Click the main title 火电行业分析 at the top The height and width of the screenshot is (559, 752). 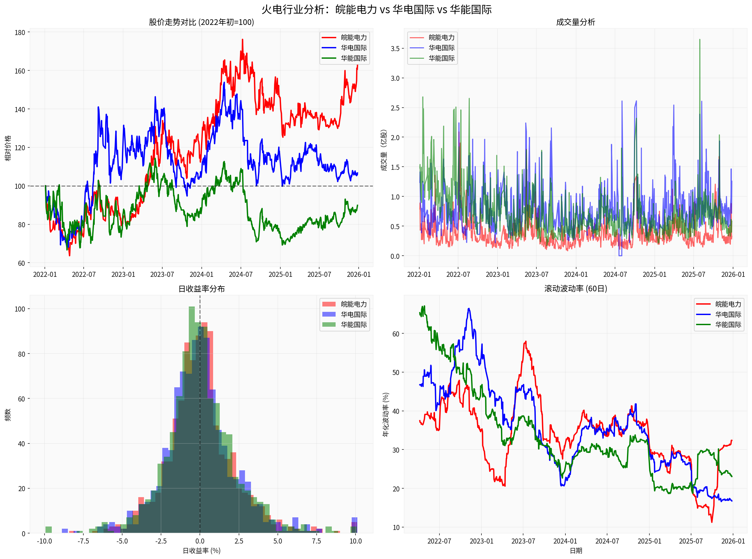[x=376, y=9]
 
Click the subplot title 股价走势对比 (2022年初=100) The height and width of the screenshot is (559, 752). [x=201, y=22]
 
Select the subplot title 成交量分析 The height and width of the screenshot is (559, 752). [x=575, y=22]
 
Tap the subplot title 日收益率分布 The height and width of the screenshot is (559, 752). [x=201, y=288]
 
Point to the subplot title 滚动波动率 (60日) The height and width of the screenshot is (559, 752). [x=575, y=288]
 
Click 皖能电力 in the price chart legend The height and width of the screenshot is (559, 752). [x=354, y=38]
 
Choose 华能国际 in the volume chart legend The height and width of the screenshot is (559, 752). [x=441, y=58]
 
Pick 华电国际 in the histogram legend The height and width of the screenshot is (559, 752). [x=354, y=314]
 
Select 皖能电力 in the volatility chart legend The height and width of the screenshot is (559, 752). [x=728, y=304]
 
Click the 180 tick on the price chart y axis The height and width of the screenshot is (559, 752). [x=20, y=33]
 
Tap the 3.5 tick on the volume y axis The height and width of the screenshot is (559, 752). [x=395, y=48]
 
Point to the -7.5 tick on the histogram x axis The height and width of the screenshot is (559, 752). [x=83, y=541]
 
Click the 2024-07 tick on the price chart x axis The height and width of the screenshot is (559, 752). [x=241, y=274]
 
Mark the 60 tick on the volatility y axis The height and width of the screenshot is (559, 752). [x=396, y=334]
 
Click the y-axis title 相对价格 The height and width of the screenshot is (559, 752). [x=8, y=148]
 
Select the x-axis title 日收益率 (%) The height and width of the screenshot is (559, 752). [x=201, y=551]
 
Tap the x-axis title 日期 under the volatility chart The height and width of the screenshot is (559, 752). [x=575, y=551]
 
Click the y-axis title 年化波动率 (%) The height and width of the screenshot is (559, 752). [x=386, y=414]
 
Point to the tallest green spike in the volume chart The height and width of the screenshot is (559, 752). [x=700, y=40]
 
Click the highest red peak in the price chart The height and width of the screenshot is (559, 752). [x=242, y=40]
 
